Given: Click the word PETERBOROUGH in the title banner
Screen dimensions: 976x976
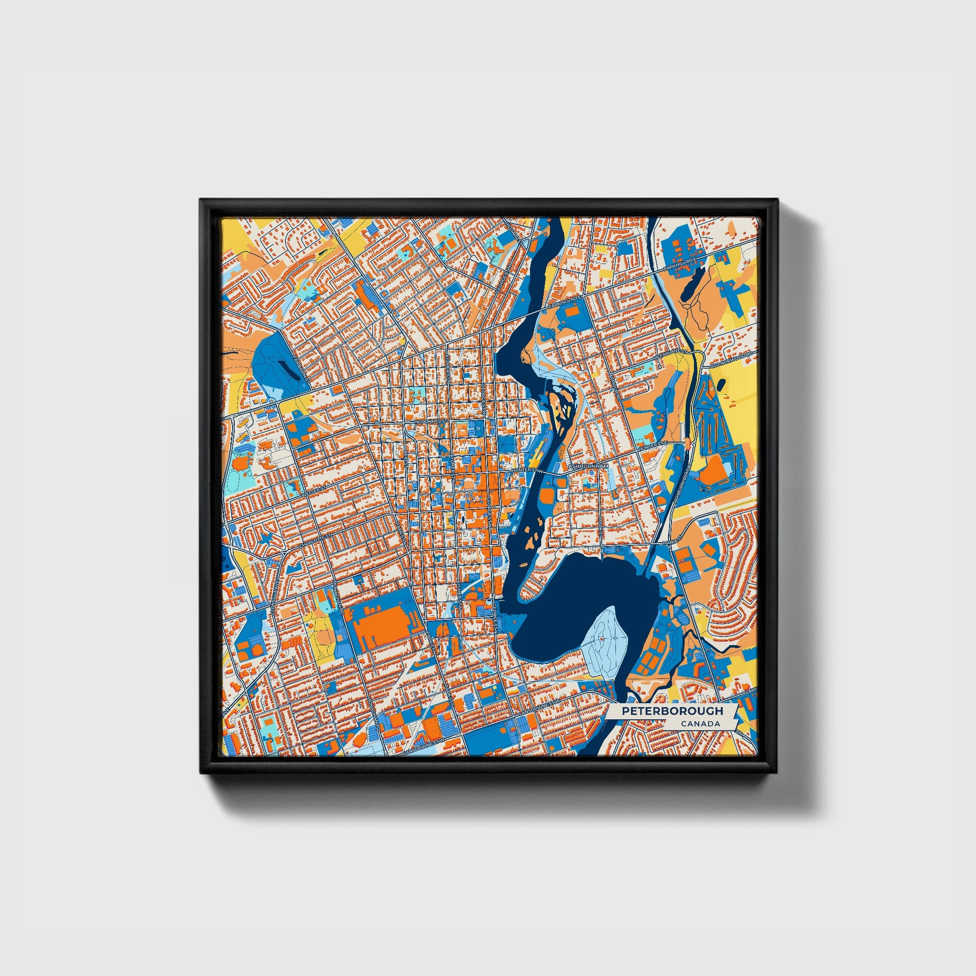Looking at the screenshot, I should [x=672, y=711].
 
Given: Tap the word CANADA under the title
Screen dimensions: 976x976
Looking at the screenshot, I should [x=700, y=724].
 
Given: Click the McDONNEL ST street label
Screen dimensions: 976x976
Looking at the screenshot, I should [x=430, y=420].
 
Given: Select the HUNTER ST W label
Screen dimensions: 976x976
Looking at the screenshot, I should [x=527, y=470].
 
